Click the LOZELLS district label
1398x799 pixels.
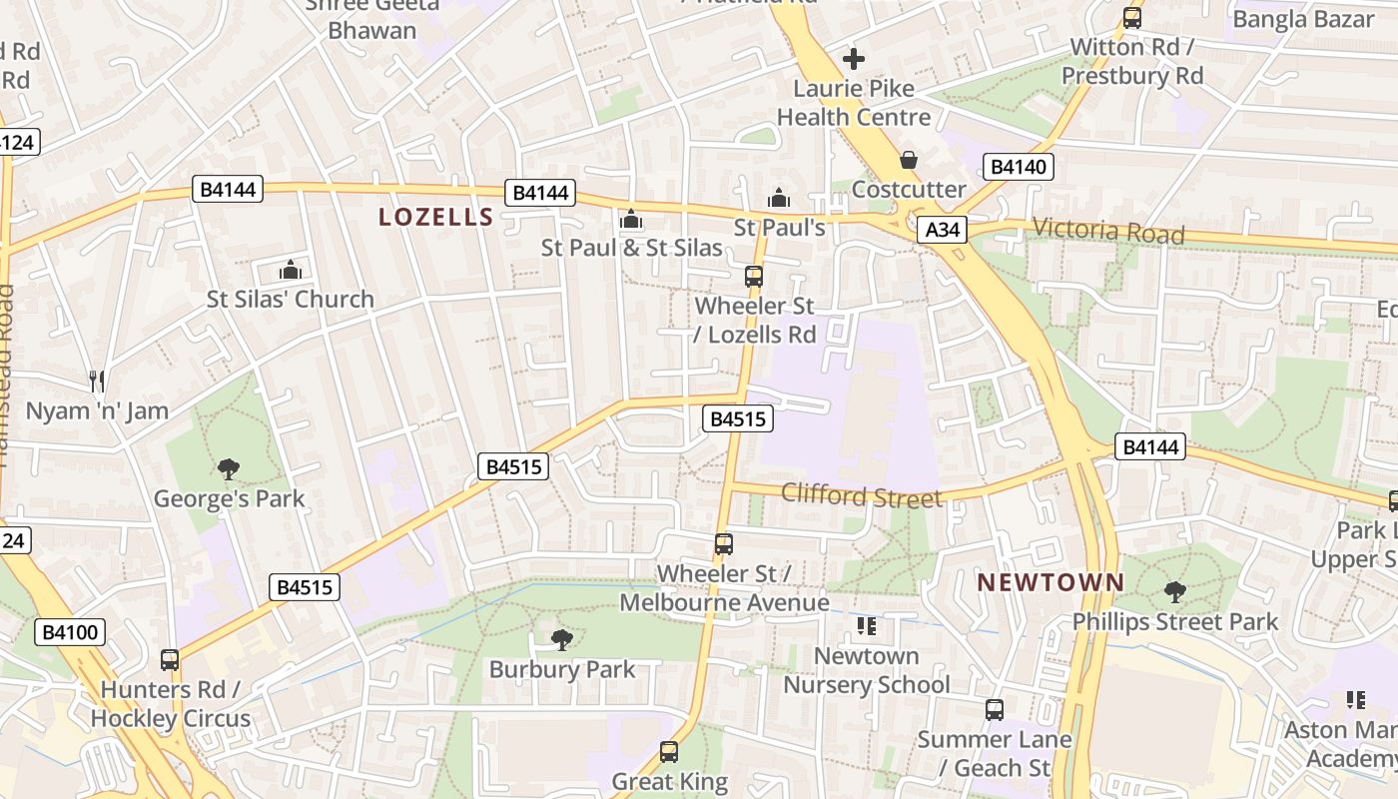click(436, 217)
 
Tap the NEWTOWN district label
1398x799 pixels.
click(1050, 582)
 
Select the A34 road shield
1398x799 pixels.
click(942, 230)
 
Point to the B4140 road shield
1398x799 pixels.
click(1019, 167)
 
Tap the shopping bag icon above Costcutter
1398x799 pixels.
click(909, 159)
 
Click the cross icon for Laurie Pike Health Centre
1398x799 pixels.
click(854, 59)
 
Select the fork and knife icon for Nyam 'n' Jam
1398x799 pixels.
click(97, 381)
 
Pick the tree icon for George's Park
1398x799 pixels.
click(229, 468)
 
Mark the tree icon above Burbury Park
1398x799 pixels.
click(562, 639)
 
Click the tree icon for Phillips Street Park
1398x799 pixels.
click(1175, 592)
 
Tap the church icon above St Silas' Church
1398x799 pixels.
click(291, 269)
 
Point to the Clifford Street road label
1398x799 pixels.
click(861, 495)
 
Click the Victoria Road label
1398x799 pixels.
click(1108, 232)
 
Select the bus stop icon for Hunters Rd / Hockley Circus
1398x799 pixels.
click(170, 659)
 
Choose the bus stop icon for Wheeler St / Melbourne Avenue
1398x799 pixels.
click(724, 544)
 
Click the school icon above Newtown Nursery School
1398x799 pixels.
click(866, 626)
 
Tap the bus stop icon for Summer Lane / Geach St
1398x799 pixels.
click(995, 710)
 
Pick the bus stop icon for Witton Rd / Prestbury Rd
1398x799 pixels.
click(1131, 18)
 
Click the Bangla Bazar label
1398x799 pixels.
click(1303, 19)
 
